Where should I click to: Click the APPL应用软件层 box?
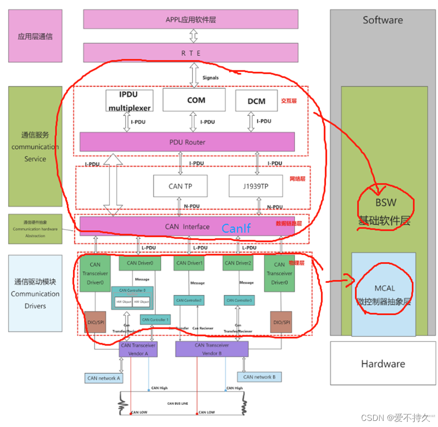click(191, 20)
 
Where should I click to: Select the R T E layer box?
click(191, 53)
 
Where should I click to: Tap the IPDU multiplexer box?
click(129, 101)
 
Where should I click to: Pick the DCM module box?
click(257, 101)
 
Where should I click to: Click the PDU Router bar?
click(187, 142)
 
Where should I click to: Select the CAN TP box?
click(180, 186)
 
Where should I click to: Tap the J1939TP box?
click(255, 186)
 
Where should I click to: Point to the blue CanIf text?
click(236, 229)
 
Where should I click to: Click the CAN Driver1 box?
click(189, 263)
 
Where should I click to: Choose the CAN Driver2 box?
click(238, 263)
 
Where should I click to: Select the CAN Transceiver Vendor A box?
click(137, 349)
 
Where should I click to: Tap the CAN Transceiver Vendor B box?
click(212, 349)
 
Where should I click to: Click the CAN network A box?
click(104, 378)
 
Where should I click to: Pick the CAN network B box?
click(259, 377)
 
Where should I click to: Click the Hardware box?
click(383, 364)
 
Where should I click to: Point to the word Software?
click(383, 20)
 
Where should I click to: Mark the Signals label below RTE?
click(211, 77)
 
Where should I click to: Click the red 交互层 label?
click(288, 101)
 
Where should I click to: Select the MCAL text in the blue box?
click(384, 289)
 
